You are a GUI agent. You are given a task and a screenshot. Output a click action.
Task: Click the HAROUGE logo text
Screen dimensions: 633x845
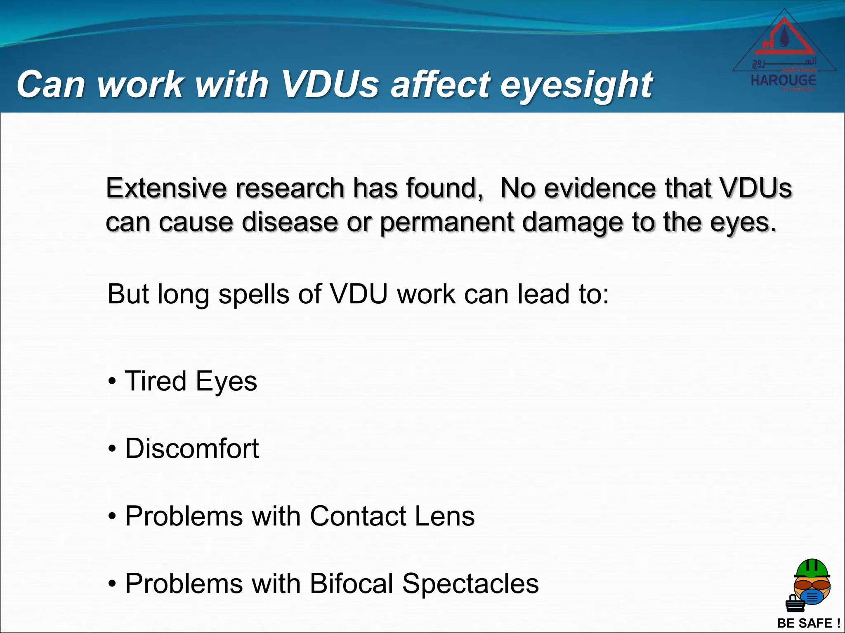click(783, 80)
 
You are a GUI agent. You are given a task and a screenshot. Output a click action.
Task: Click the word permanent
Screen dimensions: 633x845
click(447, 223)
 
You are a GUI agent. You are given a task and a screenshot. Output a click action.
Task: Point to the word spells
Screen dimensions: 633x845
click(253, 295)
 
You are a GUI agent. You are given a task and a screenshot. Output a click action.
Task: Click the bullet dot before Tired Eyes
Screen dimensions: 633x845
click(112, 382)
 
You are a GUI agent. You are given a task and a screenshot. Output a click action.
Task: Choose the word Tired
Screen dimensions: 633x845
click(156, 381)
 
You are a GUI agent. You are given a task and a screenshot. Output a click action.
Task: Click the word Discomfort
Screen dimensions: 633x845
click(192, 448)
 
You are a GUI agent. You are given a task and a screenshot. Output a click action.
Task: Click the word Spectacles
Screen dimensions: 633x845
click(470, 584)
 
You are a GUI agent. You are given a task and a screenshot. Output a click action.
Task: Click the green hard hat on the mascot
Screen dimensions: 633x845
click(812, 569)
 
